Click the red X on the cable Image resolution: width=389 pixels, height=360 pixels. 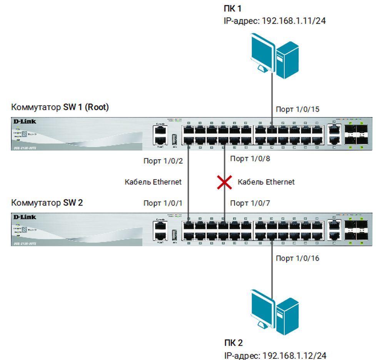(224, 182)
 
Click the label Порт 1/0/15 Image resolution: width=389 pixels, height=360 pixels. (297, 110)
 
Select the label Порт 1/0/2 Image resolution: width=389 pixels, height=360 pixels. (162, 161)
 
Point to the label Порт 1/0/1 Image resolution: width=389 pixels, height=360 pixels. (162, 203)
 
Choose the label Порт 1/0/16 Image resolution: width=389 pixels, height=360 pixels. (297, 258)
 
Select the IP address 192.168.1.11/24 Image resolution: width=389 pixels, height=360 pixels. (294, 21)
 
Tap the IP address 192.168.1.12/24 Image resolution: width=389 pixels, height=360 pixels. (294, 355)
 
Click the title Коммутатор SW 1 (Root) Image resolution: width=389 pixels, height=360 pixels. (60, 107)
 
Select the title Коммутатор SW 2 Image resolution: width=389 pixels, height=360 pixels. (47, 203)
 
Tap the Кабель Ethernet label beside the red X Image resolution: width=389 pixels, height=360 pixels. (266, 182)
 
